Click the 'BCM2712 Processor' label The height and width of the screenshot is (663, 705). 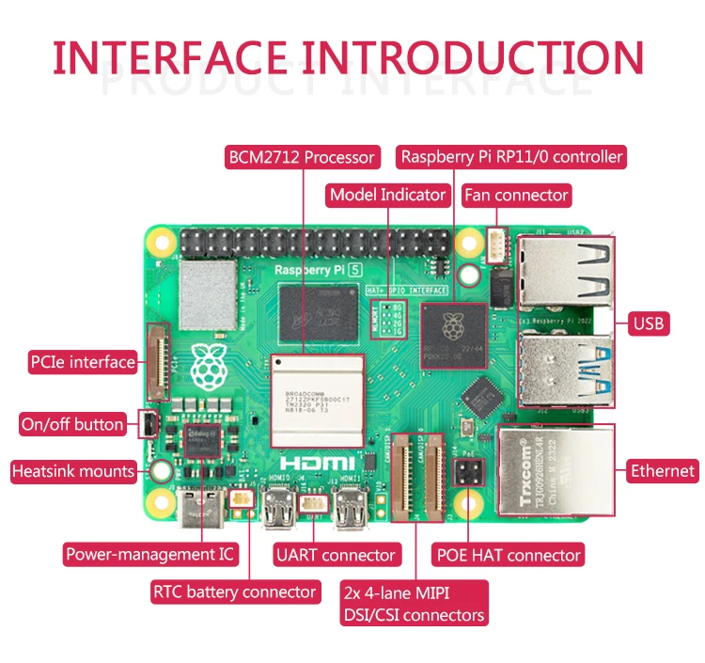point(302,157)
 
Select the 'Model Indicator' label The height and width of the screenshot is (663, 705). point(386,195)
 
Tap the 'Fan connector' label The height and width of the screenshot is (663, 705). point(516,195)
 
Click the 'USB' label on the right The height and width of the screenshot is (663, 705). point(649,324)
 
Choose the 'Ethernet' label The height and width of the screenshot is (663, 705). point(663,471)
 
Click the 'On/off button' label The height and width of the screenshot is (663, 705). point(72,424)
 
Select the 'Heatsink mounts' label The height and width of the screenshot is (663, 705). point(72,471)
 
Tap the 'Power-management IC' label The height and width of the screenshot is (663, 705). point(149,554)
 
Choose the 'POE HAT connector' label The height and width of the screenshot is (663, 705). point(509,555)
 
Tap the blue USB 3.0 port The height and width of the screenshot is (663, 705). point(564,370)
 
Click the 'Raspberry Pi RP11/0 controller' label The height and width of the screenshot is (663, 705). point(510,157)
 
